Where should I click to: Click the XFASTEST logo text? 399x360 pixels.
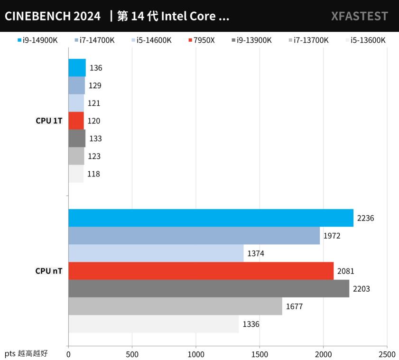click(359, 16)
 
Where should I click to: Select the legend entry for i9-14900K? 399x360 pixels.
click(37, 40)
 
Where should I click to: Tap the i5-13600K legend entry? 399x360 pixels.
click(366, 40)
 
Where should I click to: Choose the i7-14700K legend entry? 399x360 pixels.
click(94, 40)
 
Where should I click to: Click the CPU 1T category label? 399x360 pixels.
click(48, 120)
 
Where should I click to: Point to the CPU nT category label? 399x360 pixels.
click(48, 271)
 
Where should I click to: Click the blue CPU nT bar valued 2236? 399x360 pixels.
click(211, 218)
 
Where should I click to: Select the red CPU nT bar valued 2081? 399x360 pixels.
click(201, 271)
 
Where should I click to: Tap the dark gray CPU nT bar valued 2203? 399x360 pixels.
click(209, 288)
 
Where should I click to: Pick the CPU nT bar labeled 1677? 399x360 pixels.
click(175, 306)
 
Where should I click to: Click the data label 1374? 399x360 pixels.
click(256, 253)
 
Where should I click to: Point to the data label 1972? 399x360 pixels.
click(332, 236)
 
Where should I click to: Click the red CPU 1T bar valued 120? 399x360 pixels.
click(76, 120)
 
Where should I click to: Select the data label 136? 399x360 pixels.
click(96, 68)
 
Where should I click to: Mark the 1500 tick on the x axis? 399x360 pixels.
click(260, 354)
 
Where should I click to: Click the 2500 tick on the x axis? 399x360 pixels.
click(387, 354)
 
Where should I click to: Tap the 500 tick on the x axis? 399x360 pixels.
click(132, 354)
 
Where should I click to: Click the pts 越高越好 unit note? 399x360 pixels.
click(26, 353)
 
